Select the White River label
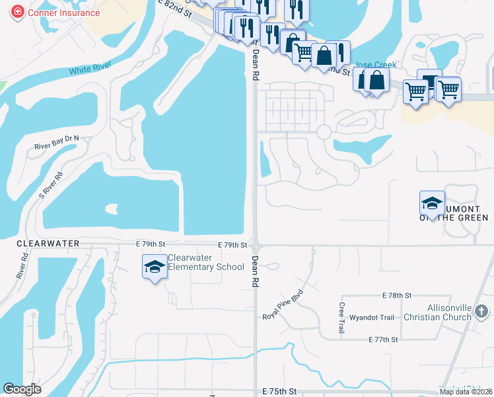[x=90, y=68]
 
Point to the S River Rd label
[x=51, y=186]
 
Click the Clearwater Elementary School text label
[x=206, y=262]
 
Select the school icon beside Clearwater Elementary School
[x=155, y=267]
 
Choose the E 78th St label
[x=396, y=295]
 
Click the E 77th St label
[x=384, y=339]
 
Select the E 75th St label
[x=280, y=392]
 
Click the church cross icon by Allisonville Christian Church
[x=481, y=310]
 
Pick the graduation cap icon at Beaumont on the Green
[x=432, y=202]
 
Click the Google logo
[x=22, y=389]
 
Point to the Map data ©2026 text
[x=466, y=392]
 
